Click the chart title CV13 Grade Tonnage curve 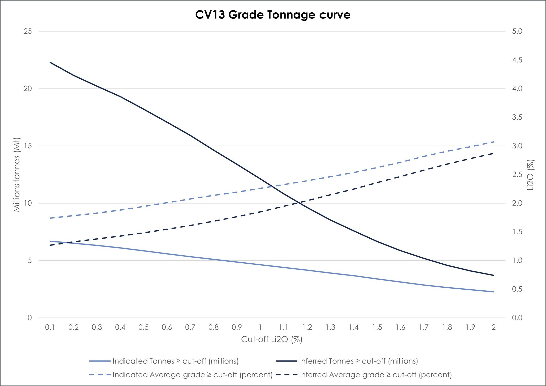pos(273,15)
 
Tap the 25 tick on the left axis pos(28,31)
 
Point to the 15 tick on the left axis pos(28,146)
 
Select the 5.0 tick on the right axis pos(517,31)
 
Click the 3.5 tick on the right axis pos(517,117)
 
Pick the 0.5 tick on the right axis pos(517,289)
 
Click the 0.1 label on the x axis pos(50,327)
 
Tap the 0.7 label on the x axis pos(190,327)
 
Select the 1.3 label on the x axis pos(330,327)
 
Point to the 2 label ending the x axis pos(494,327)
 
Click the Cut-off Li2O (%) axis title pos(272,339)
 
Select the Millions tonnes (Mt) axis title pos(17,175)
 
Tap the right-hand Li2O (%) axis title pos(531,175)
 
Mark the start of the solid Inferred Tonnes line pos(50,62)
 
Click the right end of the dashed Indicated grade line pos(493,142)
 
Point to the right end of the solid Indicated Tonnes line pos(493,292)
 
